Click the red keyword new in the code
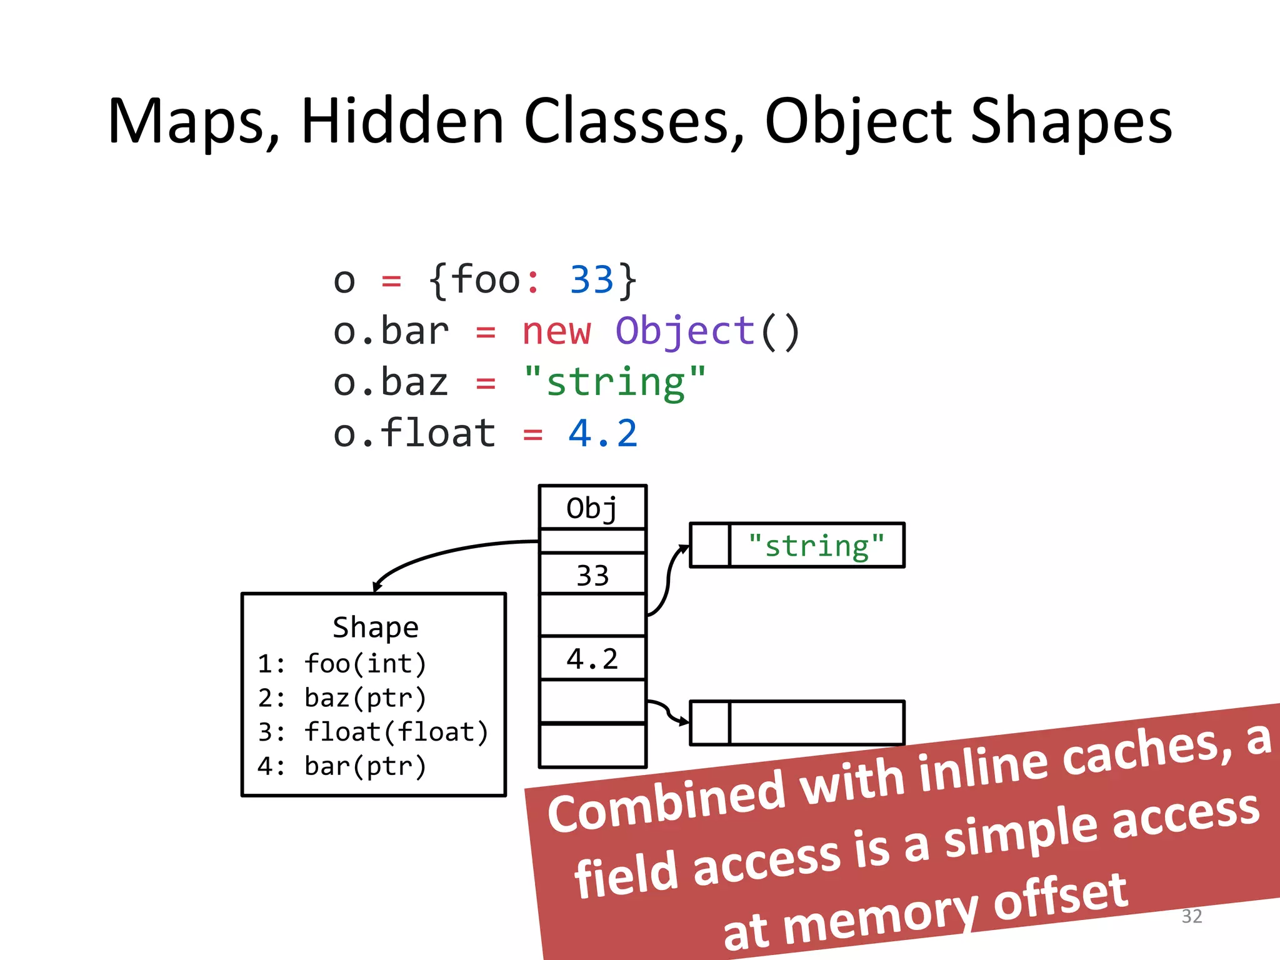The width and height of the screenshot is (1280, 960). coord(556,331)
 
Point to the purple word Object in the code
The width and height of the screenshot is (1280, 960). coord(685,331)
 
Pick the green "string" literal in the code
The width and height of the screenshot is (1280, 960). coord(615,382)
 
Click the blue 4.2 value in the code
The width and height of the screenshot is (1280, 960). coord(602,434)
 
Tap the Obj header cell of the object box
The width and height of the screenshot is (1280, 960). coord(592,508)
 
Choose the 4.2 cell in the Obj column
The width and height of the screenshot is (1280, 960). coord(592,659)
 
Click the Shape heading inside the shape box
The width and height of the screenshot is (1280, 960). coord(375,627)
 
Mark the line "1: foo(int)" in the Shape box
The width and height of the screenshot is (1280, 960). coord(342,664)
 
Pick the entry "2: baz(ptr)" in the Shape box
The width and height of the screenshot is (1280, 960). coord(342,698)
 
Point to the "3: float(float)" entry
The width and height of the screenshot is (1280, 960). coord(372,732)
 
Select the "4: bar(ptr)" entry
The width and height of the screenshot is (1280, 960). coord(342,766)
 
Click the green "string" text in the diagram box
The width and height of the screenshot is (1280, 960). coord(816,546)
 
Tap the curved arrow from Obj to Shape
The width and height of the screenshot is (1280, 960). coord(437,553)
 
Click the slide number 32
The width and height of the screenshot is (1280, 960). coord(1191,916)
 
